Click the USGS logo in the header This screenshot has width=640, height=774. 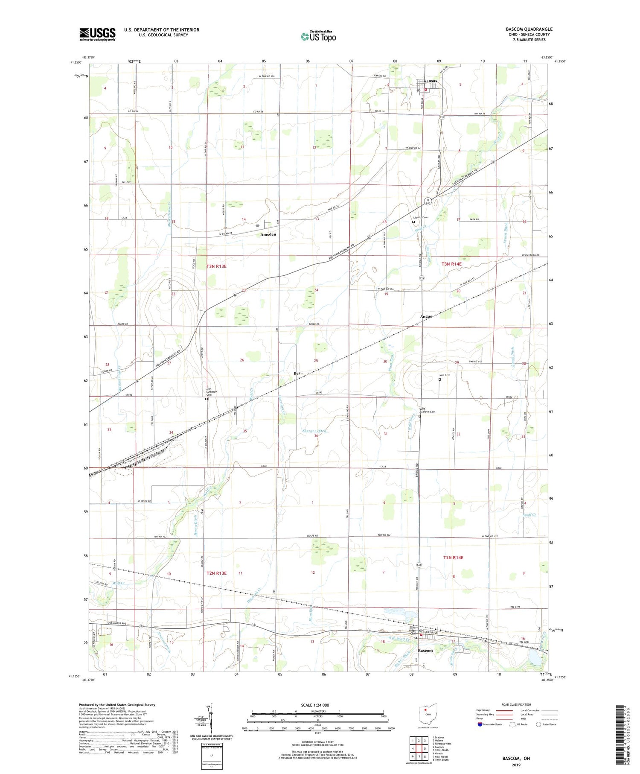coord(97,34)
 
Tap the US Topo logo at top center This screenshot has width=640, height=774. coord(318,37)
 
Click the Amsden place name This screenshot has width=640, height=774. coord(268,234)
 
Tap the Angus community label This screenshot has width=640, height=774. coord(426,316)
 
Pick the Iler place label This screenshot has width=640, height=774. coord(297,373)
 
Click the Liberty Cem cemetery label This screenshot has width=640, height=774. coord(420,217)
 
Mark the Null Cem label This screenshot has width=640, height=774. coord(445,375)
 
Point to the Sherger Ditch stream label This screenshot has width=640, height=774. coord(314,431)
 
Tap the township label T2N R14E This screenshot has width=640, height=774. coord(453,558)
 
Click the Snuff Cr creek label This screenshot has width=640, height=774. coord(529,515)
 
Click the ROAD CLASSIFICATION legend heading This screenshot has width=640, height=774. coord(516,704)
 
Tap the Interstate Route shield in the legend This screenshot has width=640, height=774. coord(480,724)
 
